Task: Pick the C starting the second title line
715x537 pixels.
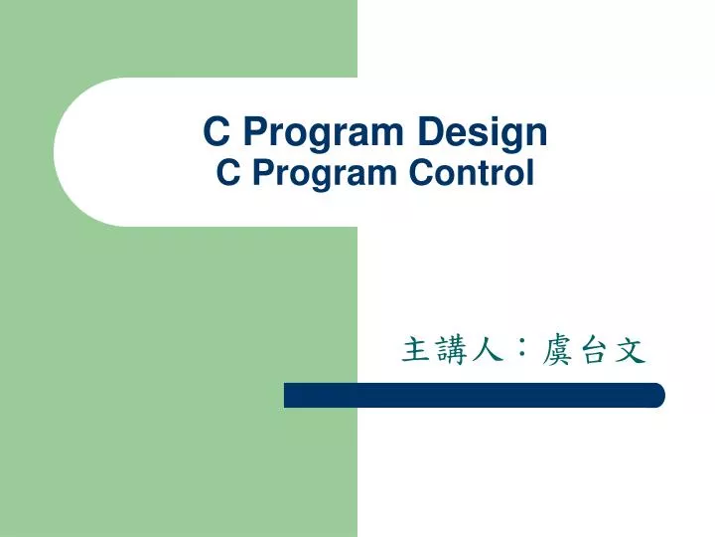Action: click(226, 174)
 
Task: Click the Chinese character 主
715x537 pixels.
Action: click(415, 349)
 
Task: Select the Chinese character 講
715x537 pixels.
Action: click(450, 349)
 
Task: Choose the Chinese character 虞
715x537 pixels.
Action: click(557, 349)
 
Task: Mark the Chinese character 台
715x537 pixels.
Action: click(593, 349)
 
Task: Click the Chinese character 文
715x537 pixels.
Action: click(629, 349)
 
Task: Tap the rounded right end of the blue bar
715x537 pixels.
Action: click(658, 395)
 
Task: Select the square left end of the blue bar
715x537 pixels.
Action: click(289, 395)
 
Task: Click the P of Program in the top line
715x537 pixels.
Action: click(253, 131)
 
